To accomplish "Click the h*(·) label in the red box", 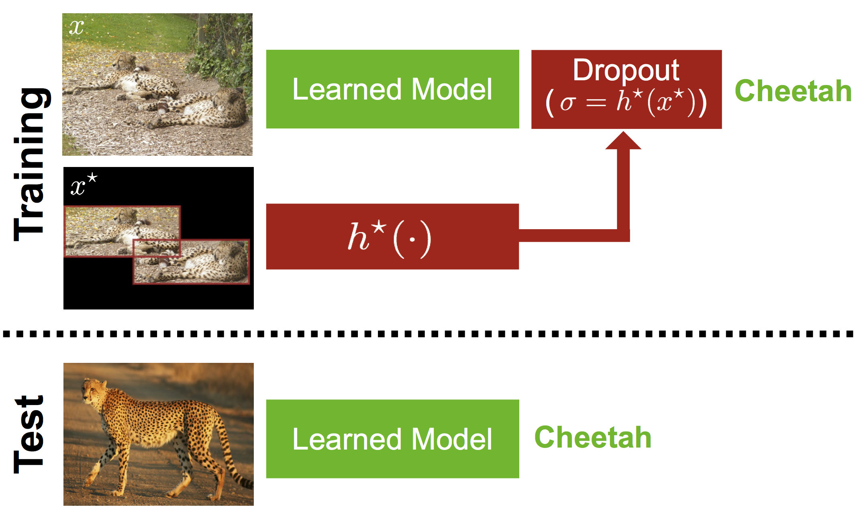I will click(389, 238).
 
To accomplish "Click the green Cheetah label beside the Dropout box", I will click(793, 91).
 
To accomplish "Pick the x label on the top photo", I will click(76, 27).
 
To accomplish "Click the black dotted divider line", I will click(428, 334).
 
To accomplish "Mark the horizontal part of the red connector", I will click(570, 236).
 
